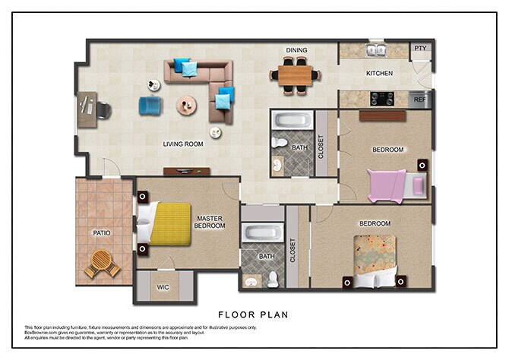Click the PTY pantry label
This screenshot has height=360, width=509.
tap(420, 48)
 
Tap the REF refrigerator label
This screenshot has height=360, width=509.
tap(421, 99)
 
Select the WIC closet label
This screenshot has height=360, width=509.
tap(163, 287)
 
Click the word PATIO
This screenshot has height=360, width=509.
tap(102, 233)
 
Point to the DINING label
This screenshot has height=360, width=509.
tap(296, 51)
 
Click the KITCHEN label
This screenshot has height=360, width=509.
tap(380, 74)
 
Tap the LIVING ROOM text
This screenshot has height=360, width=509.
tap(184, 144)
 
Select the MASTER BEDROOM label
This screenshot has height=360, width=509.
tap(210, 221)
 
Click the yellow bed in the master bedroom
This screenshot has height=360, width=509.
tap(169, 223)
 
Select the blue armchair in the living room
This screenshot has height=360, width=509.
tap(150, 106)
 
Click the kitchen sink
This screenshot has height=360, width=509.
tap(374, 51)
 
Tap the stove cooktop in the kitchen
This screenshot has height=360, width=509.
tap(381, 99)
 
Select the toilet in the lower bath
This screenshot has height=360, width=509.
tap(273, 279)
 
